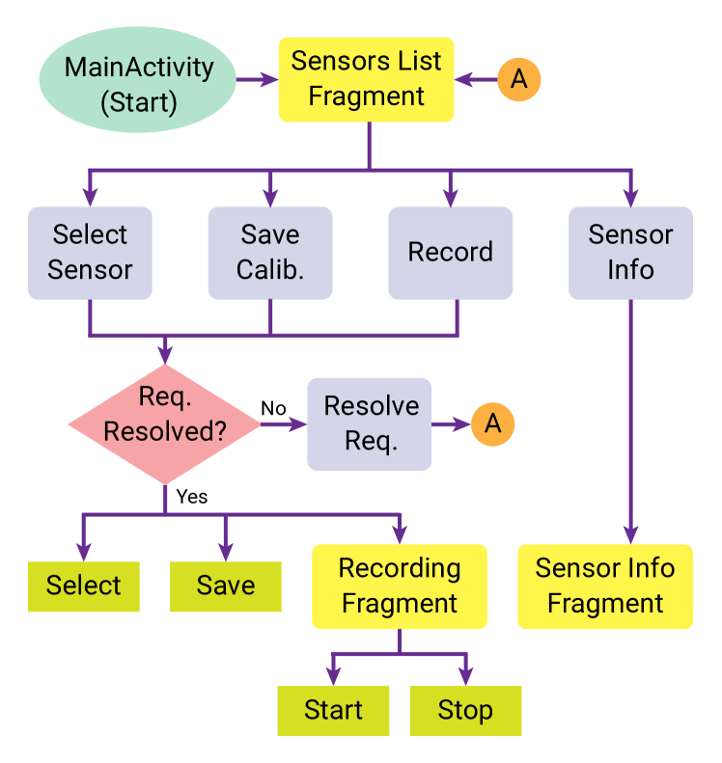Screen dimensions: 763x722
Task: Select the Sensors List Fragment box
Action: click(366, 79)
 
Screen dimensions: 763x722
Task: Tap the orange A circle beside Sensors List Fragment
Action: click(519, 79)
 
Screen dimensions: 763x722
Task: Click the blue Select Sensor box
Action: click(90, 253)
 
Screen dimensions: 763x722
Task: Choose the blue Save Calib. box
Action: click(270, 253)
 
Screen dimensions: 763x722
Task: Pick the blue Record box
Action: click(450, 253)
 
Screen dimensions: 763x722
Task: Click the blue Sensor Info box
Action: click(630, 253)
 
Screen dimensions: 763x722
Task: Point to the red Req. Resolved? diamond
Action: click(165, 424)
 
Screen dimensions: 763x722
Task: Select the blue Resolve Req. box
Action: click(370, 424)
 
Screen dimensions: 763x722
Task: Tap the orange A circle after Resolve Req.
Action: click(493, 424)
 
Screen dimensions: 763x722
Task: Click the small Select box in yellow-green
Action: click(84, 586)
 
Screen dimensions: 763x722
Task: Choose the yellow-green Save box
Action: click(226, 586)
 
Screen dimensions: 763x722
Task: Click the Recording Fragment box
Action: click(399, 586)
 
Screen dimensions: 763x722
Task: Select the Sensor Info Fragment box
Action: click(605, 586)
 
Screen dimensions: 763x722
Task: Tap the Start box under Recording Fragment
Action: click(333, 711)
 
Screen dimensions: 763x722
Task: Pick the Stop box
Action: click(465, 711)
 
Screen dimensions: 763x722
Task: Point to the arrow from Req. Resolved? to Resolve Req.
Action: click(283, 424)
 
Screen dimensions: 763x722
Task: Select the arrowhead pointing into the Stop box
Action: click(465, 676)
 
